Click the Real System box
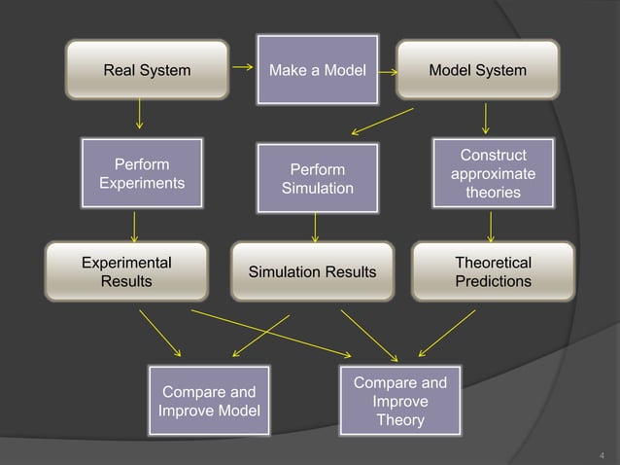click(x=148, y=70)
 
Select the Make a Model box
click(x=317, y=70)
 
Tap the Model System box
click(x=477, y=70)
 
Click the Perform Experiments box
click(x=142, y=174)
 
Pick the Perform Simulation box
click(x=317, y=177)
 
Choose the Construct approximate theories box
click(x=493, y=174)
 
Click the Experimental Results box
click(x=126, y=272)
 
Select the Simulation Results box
click(x=312, y=272)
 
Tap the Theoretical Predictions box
click(x=493, y=272)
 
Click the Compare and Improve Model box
click(x=209, y=401)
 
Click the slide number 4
click(x=603, y=454)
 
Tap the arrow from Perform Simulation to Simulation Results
click(x=316, y=229)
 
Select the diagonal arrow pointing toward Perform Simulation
click(x=383, y=121)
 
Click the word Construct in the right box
click(x=493, y=156)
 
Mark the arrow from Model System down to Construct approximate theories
click(x=485, y=119)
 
